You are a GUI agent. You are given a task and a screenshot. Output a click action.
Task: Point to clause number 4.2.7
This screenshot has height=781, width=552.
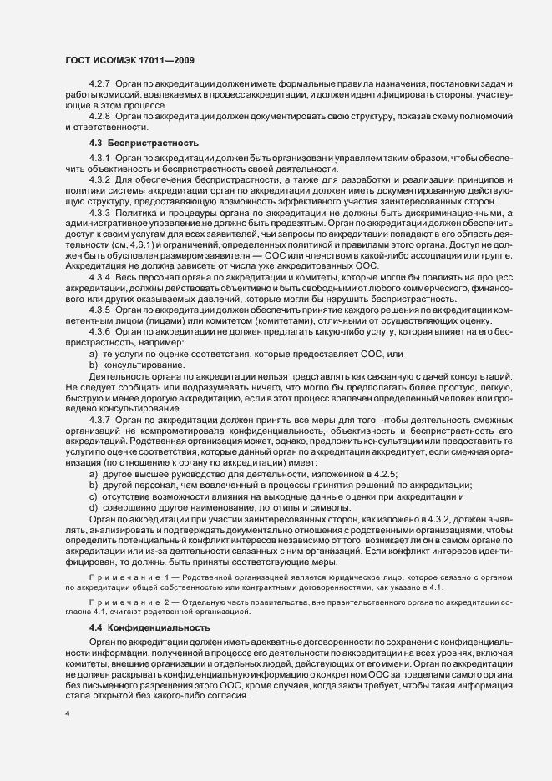[100, 86]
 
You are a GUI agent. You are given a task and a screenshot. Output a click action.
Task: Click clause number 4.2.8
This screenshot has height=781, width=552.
[100, 116]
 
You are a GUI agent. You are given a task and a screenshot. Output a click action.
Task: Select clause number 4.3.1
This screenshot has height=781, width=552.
[100, 158]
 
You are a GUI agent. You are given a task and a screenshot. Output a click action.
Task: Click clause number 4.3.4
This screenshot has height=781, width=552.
[100, 275]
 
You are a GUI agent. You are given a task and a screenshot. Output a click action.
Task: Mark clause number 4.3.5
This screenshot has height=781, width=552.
[100, 310]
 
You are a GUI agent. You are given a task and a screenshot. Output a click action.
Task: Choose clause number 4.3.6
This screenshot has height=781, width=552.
[100, 331]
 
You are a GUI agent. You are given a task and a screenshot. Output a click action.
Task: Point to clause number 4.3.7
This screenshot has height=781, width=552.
[100, 418]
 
